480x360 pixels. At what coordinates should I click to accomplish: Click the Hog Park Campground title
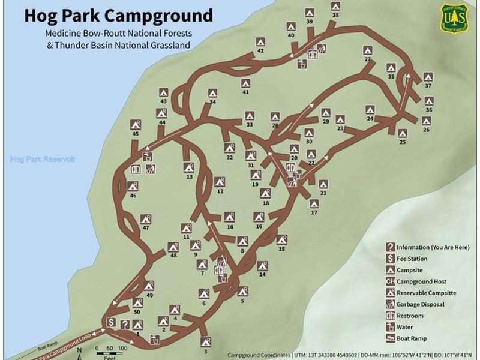point(118,15)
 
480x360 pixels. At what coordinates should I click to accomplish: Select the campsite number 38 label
point(335,15)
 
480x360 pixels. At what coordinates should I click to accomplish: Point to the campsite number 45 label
point(135,134)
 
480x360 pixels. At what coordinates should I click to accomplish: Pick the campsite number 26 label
point(426,129)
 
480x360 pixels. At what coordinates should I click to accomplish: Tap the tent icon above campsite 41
point(245,83)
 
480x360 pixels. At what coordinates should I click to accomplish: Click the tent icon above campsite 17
point(314,203)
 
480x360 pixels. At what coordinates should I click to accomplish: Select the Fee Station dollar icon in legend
point(390,259)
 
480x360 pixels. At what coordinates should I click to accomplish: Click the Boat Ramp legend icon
point(390,338)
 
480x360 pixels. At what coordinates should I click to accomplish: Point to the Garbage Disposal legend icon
point(390,304)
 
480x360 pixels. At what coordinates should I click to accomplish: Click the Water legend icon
point(390,326)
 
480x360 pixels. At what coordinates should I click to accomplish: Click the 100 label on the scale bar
point(122,348)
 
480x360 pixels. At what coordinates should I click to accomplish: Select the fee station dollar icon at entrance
point(111,322)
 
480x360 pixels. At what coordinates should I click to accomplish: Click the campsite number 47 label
point(146,228)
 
